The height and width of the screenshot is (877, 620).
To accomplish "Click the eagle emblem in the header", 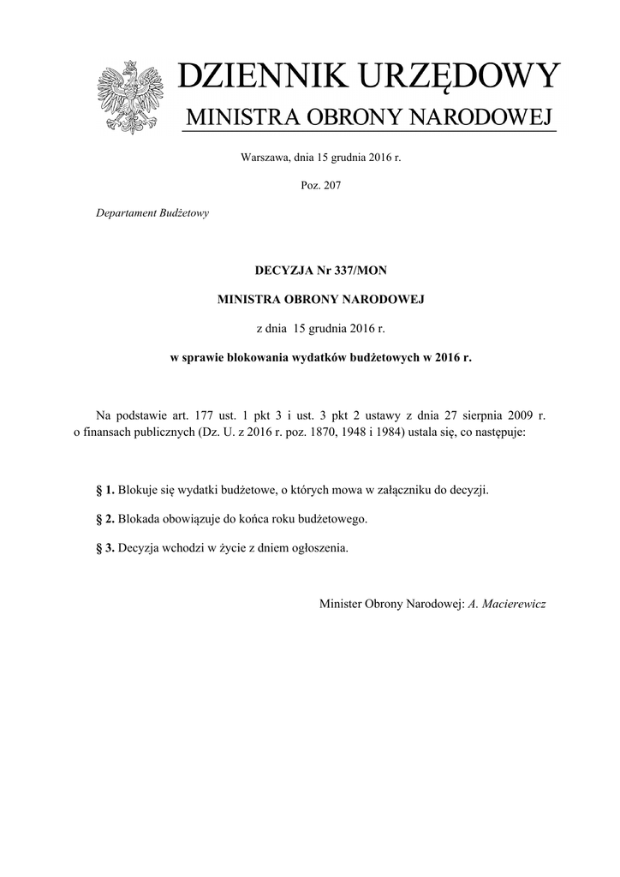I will pyautogui.click(x=130, y=97).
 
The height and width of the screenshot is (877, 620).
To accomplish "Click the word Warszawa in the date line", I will pyautogui.click(x=267, y=158).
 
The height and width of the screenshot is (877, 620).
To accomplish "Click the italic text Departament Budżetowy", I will pyautogui.click(x=152, y=213).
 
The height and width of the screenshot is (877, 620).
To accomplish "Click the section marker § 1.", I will pyautogui.click(x=105, y=491).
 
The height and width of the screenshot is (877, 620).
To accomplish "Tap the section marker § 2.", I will pyautogui.click(x=105, y=520).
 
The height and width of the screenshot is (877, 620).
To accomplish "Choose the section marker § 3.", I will pyautogui.click(x=105, y=548).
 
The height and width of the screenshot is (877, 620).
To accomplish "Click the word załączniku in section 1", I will pyautogui.click(x=401, y=491).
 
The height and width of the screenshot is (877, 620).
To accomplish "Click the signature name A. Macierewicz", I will pyautogui.click(x=507, y=605).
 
